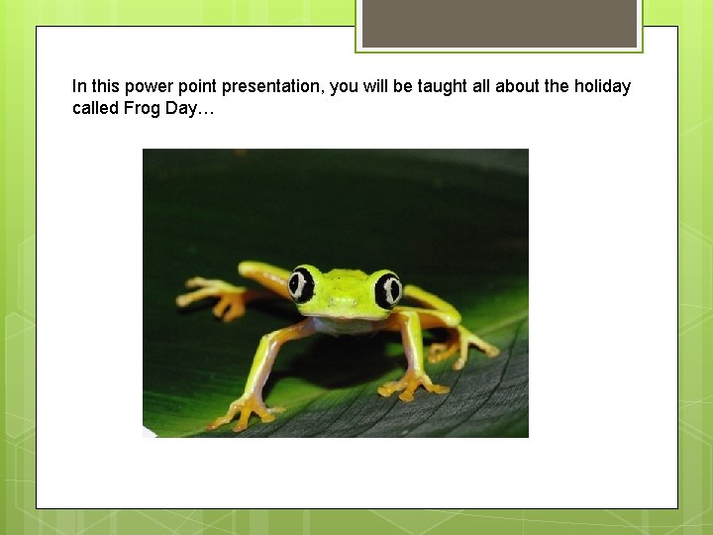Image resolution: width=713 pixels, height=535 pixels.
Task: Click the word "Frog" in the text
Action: tap(141, 107)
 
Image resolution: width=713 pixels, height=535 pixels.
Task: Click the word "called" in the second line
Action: tap(95, 107)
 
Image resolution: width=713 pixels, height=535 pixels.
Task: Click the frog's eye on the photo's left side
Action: tap(301, 284)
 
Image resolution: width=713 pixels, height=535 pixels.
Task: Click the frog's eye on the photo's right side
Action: tap(387, 289)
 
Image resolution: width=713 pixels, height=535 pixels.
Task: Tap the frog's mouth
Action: tap(342, 315)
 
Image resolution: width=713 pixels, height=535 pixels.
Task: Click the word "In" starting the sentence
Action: tap(79, 86)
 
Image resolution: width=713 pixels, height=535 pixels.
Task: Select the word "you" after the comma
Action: tap(343, 86)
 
